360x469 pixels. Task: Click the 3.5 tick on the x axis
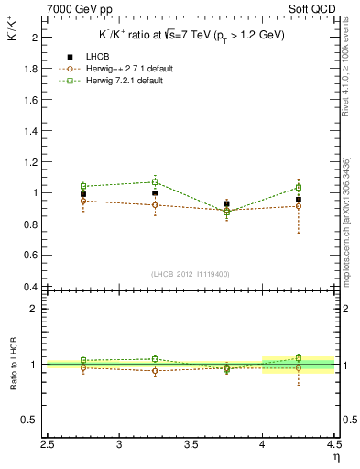click(191, 444)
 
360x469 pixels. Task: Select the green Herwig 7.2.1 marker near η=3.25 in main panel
click(155, 181)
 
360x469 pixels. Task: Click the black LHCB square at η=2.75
click(83, 194)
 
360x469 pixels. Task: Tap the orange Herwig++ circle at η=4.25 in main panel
click(298, 206)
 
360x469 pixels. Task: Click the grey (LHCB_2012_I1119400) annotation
click(190, 274)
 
